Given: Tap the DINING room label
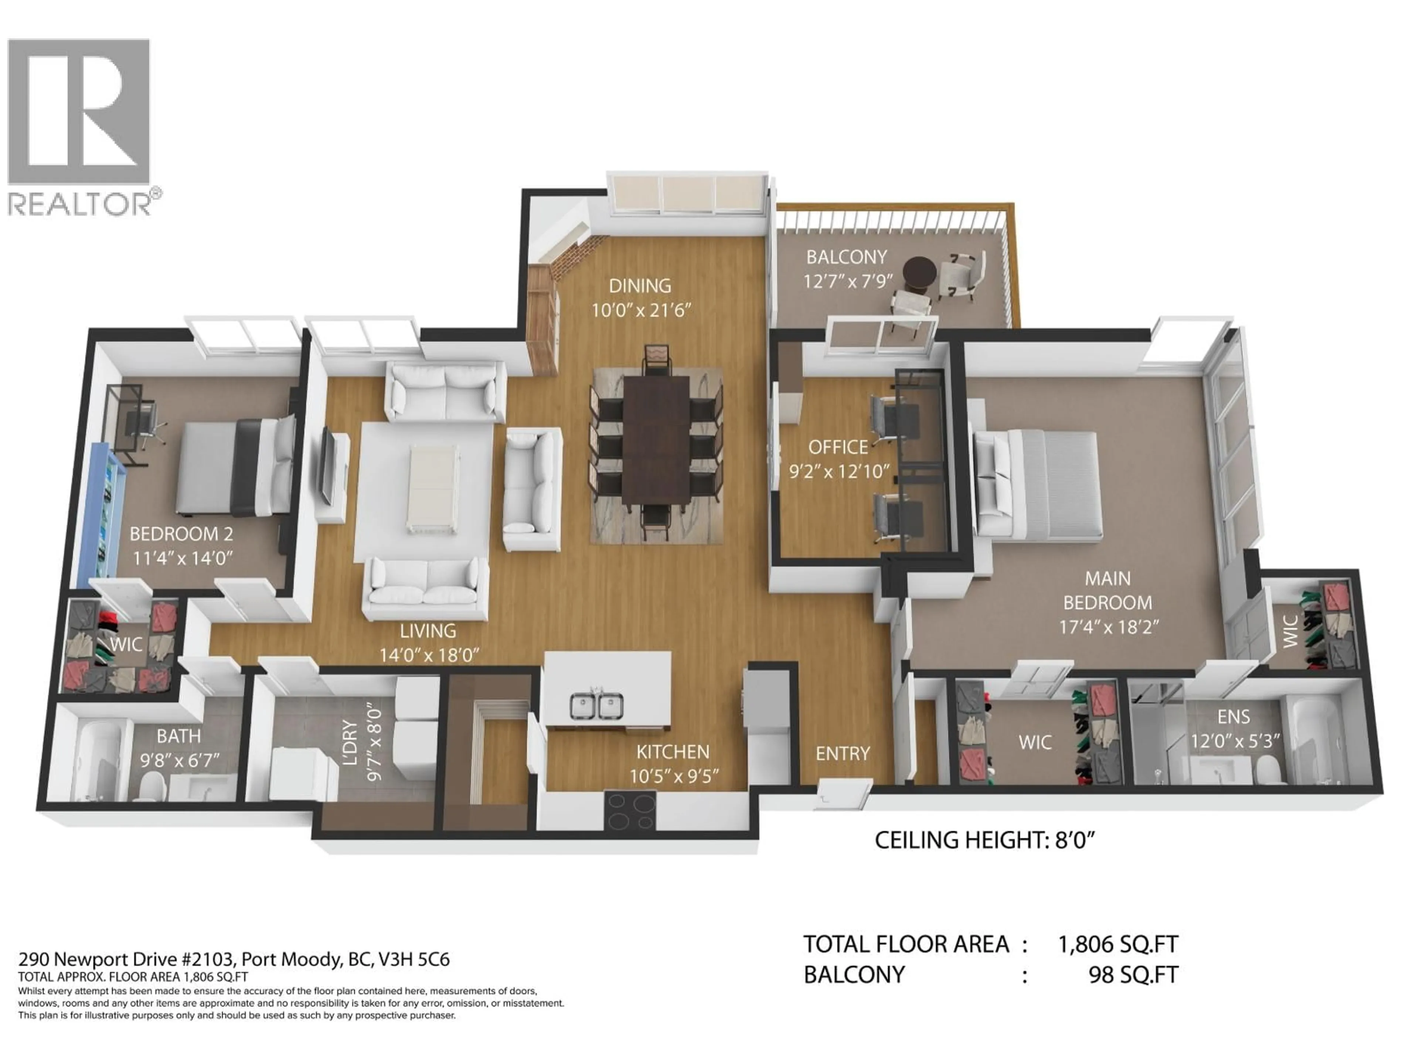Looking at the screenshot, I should [640, 286].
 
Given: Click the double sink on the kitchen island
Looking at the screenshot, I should [596, 706].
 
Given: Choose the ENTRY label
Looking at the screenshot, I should [842, 754].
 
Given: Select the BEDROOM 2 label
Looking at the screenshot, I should [181, 533].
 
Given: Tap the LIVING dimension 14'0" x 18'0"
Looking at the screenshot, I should [429, 655].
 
